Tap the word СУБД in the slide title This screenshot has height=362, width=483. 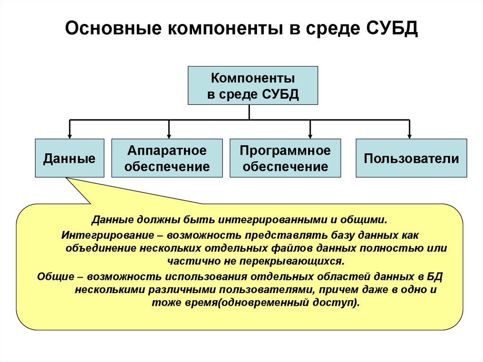click(x=391, y=31)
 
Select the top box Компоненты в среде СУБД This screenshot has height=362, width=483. click(x=253, y=85)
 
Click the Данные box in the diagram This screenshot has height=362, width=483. click(x=69, y=158)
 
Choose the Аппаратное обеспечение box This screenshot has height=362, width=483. click(x=167, y=158)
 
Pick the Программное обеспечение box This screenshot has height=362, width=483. click(x=285, y=158)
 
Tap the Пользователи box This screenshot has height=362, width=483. click(x=411, y=158)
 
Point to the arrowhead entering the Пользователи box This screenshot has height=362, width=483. click(x=409, y=135)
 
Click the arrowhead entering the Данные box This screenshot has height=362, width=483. click(x=70, y=135)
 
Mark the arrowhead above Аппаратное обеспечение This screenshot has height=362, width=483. click(x=169, y=135)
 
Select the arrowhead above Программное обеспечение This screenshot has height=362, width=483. click(x=310, y=135)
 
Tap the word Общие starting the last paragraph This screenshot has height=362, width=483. click(x=55, y=276)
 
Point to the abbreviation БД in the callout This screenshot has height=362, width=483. click(x=435, y=276)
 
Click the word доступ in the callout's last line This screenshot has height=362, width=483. click(x=337, y=303)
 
